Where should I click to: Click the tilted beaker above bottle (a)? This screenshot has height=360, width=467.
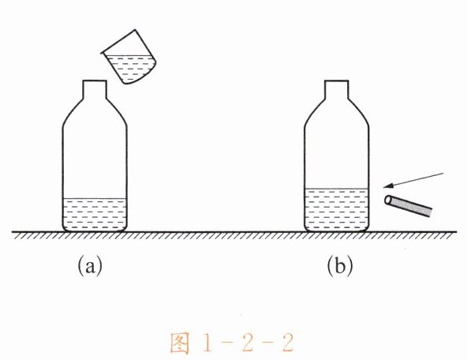pyautogui.click(x=129, y=57)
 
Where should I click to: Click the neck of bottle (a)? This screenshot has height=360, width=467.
pyautogui.click(x=95, y=89)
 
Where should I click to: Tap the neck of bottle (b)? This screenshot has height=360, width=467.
pyautogui.click(x=337, y=89)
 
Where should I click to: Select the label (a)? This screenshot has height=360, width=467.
pyautogui.click(x=90, y=265)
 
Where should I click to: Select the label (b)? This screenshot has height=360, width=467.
pyautogui.click(x=340, y=265)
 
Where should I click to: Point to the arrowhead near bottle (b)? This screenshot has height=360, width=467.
pyautogui.click(x=387, y=186)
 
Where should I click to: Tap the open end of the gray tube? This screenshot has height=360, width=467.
pyautogui.click(x=388, y=200)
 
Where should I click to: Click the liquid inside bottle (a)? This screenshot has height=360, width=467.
pyautogui.click(x=95, y=215)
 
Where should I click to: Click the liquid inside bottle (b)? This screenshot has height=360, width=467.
pyautogui.click(x=337, y=210)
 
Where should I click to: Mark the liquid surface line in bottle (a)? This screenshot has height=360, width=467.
pyautogui.click(x=95, y=198)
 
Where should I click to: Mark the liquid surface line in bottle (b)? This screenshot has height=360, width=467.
pyautogui.click(x=337, y=189)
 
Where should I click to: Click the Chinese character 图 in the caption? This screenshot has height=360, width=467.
pyautogui.click(x=180, y=343)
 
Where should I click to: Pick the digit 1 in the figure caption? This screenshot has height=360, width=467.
pyautogui.click(x=207, y=343)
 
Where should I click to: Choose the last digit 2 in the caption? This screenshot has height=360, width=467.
pyautogui.click(x=287, y=343)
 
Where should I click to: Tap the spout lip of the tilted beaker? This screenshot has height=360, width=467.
pyautogui.click(x=103, y=53)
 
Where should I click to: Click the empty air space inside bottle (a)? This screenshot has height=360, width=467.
pyautogui.click(x=95, y=155)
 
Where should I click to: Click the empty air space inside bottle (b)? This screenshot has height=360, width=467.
pyautogui.click(x=337, y=149)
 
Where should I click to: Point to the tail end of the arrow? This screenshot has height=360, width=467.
pyautogui.click(x=443, y=173)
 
